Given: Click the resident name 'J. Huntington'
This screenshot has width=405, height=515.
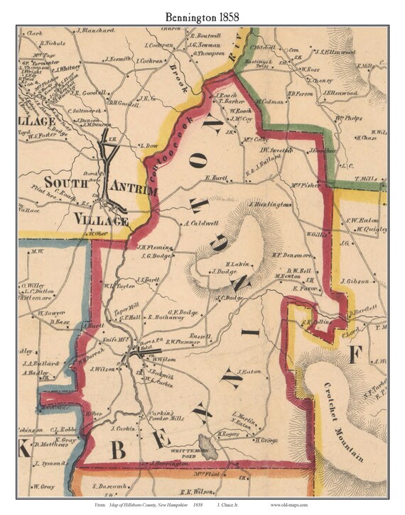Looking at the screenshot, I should click(269, 204).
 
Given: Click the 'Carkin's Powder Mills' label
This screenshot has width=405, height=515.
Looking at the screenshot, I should click(166, 416).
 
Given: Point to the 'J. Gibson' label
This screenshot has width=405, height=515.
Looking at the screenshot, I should click(355, 281).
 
